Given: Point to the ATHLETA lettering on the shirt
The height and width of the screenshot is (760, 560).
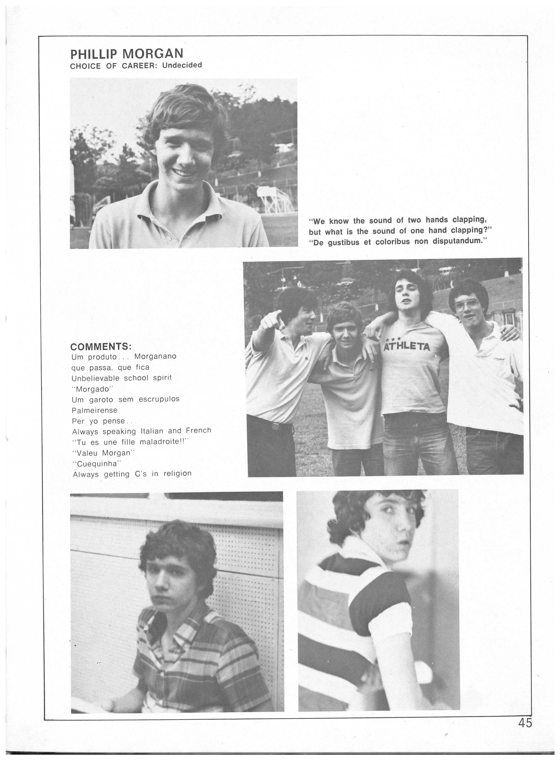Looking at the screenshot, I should [x=407, y=347].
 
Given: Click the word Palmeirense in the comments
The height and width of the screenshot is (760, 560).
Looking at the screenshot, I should [x=95, y=410].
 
